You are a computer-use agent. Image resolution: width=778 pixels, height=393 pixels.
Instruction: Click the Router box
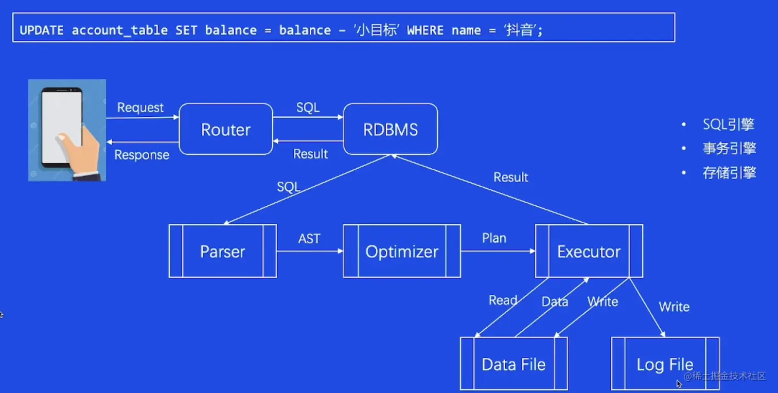[225, 130]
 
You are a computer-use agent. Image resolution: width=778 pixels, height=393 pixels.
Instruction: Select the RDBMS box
[390, 130]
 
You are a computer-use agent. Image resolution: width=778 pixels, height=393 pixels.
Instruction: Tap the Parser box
[222, 252]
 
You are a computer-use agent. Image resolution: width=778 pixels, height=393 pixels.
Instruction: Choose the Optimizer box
[402, 252]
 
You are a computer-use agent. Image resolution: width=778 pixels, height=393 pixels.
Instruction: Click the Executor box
[589, 252]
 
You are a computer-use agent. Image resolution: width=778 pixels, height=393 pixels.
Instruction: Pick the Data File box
[513, 364]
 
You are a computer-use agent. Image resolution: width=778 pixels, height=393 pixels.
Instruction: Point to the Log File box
[665, 364]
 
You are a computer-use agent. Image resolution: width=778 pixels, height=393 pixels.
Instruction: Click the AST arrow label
[309, 239]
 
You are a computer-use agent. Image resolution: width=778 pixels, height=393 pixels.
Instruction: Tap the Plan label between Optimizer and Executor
[494, 238]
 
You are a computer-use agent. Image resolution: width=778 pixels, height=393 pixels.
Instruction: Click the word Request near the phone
[140, 108]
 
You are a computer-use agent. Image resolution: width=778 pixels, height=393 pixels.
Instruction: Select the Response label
[142, 155]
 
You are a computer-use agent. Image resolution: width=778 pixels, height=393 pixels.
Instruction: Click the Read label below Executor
[503, 300]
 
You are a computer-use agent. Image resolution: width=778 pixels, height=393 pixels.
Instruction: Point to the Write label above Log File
[674, 307]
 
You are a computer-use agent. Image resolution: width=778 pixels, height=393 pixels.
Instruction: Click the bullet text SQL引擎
[728, 124]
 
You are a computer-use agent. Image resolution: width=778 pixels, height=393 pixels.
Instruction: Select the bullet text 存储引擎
[729, 173]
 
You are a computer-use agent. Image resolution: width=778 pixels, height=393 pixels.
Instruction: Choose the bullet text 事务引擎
[729, 149]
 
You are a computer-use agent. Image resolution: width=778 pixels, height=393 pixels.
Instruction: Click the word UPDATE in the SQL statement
[41, 30]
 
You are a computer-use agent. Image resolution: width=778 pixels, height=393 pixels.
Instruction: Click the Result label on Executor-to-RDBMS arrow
[510, 177]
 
